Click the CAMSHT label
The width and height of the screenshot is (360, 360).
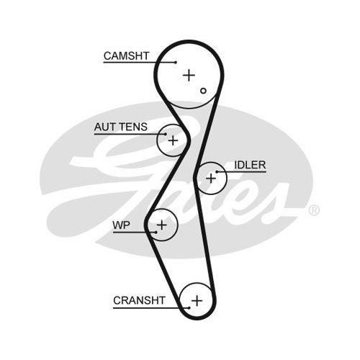127,56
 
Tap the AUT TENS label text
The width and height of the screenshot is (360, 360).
121,127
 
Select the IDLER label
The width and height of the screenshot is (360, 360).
250,165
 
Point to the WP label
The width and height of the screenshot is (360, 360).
122,225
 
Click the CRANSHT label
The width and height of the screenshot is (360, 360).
139,300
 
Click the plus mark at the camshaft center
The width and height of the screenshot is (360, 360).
189,76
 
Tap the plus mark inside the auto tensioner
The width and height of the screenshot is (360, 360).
173,140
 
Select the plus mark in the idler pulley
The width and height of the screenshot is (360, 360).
211,179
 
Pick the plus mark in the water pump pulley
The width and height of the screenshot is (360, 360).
162,225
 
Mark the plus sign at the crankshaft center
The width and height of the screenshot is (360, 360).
197,301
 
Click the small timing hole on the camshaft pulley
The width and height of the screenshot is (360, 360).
203,91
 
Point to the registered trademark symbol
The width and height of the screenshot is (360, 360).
314,210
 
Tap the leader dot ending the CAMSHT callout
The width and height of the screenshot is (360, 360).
176,63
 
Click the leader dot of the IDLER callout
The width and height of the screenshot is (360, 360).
217,171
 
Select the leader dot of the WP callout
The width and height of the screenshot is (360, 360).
156,232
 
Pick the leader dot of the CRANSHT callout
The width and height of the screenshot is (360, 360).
189,307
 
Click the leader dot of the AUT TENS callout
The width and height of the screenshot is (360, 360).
166,134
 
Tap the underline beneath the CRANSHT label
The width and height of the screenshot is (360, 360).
151,307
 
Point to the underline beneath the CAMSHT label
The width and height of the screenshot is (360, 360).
140,63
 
